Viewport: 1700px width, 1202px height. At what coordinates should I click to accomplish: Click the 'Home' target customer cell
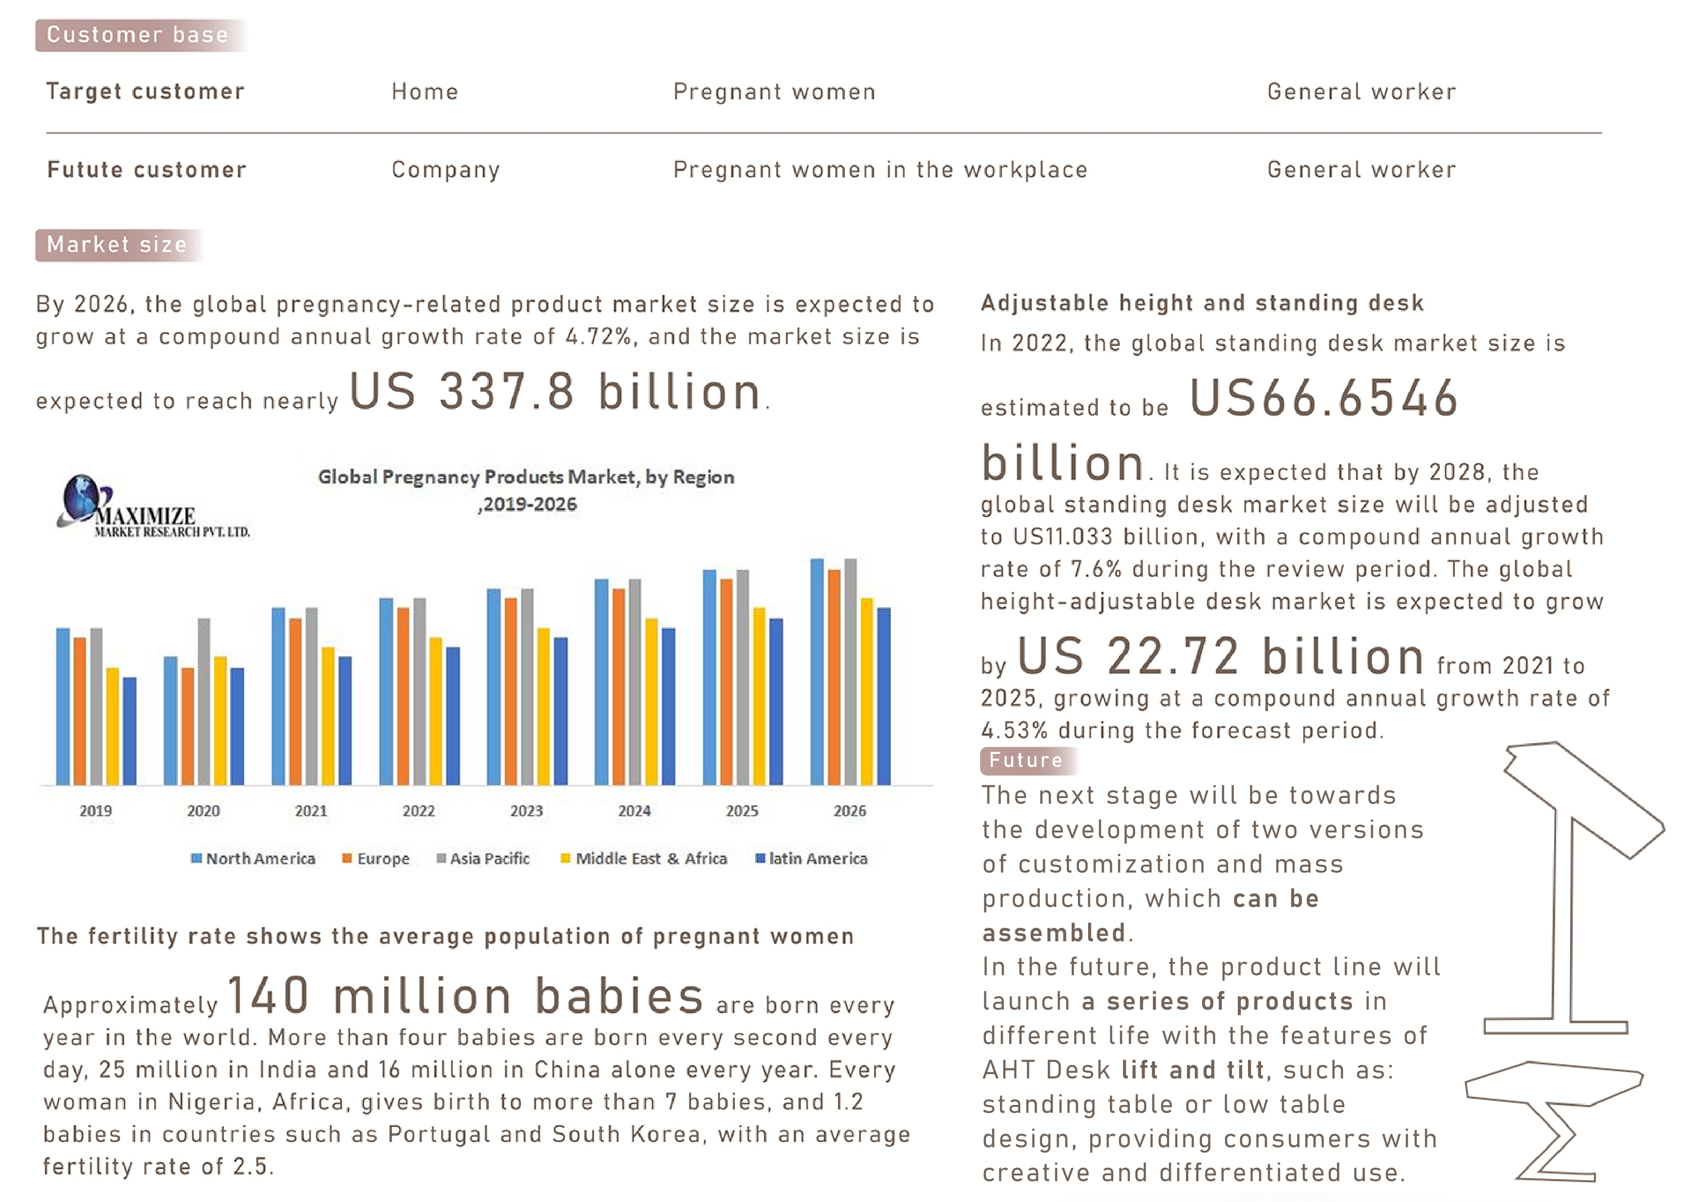(425, 92)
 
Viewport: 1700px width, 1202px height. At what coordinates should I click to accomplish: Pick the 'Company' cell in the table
(446, 170)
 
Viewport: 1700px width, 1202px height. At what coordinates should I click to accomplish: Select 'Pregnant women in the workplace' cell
(880, 170)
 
